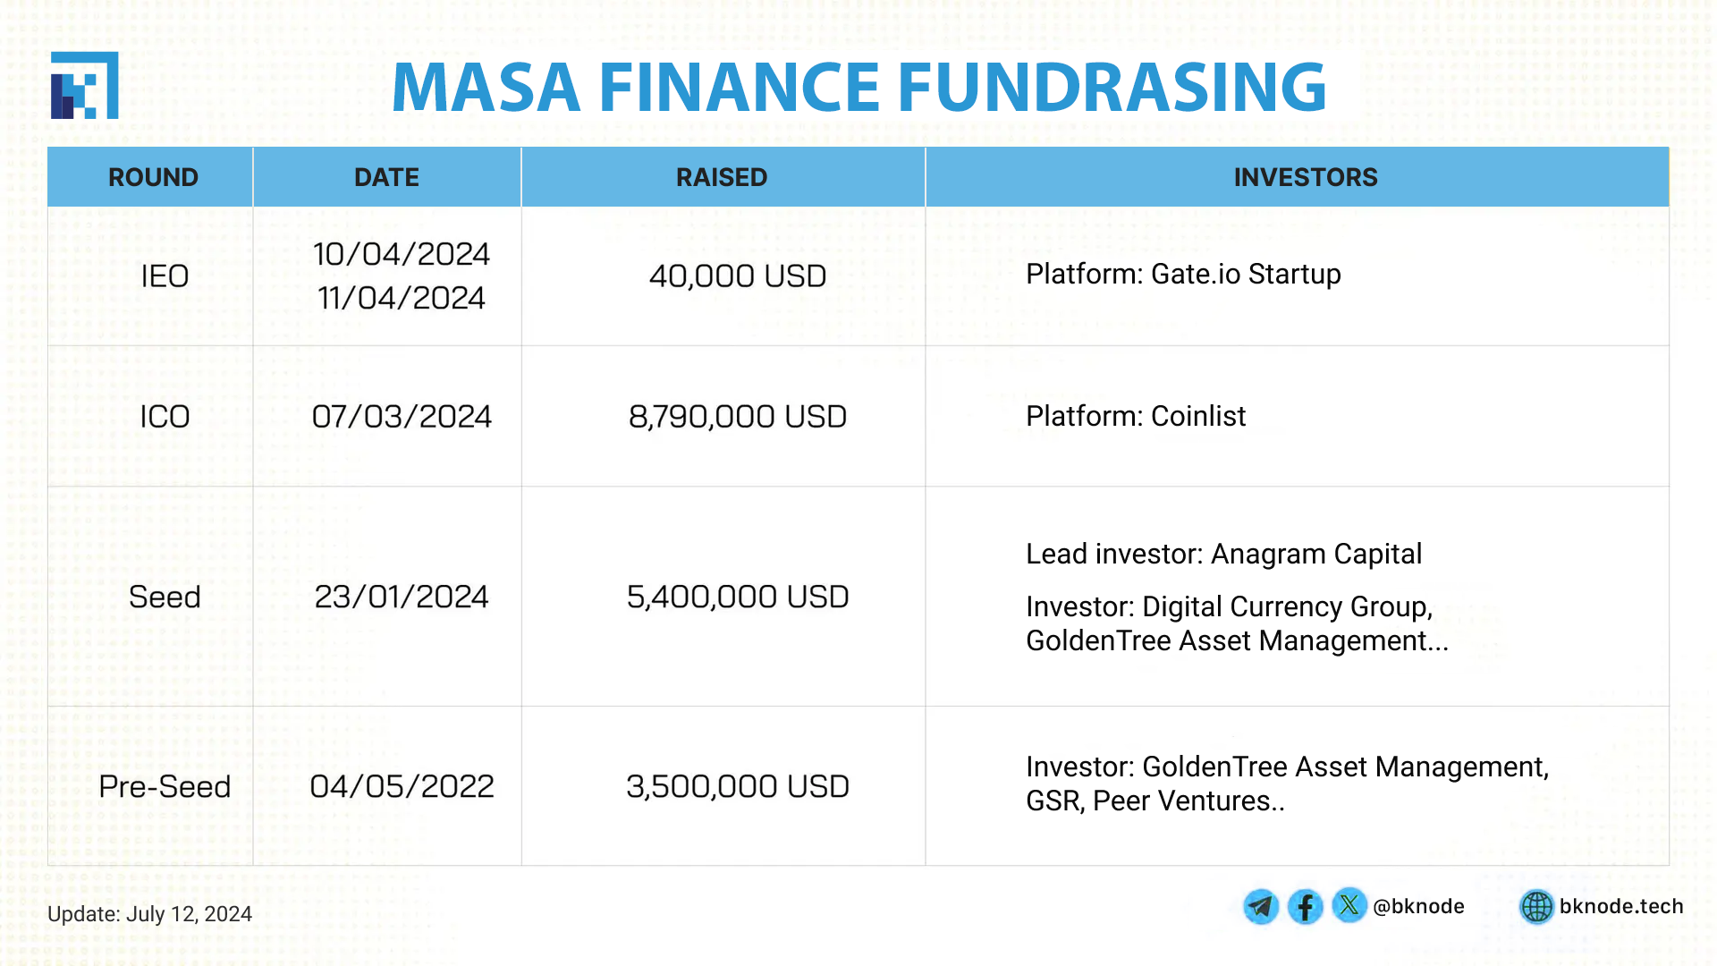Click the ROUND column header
coord(153,177)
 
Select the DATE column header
coord(386,177)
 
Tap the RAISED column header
coord(722,177)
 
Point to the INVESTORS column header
coord(1306,177)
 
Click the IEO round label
coord(165,276)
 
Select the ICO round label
coord(165,417)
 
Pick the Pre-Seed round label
coord(165,786)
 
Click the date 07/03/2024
coord(402,417)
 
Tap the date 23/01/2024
coord(402,597)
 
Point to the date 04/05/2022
coord(402,786)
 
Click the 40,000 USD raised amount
coord(738,276)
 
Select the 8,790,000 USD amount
coord(738,417)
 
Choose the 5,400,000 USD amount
coord(738,597)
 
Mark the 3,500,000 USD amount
coord(738,786)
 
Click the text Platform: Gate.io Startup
coord(1183,274)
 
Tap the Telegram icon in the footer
coord(1261,907)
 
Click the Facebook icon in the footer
coord(1306,907)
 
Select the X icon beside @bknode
coord(1349,905)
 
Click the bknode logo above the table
coord(85,85)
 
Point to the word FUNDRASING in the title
coord(1112,87)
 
